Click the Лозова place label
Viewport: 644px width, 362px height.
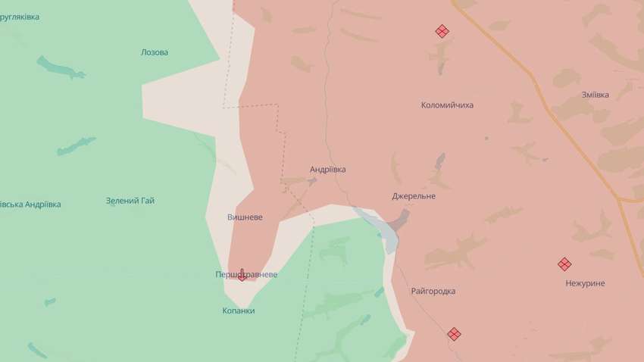(x=155, y=53)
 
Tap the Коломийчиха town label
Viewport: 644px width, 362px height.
(x=447, y=105)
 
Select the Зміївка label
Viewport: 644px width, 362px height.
(x=595, y=95)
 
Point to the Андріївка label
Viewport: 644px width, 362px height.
(x=327, y=170)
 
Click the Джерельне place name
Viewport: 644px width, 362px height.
(x=414, y=196)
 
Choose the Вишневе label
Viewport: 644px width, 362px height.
(x=245, y=217)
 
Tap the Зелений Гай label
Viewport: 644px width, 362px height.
(x=130, y=201)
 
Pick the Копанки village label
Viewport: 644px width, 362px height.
(x=239, y=311)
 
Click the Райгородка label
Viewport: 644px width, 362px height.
(x=433, y=291)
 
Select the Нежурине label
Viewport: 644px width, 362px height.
(x=585, y=283)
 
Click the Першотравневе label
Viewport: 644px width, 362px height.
(x=246, y=275)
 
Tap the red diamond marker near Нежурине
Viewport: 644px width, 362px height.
(x=564, y=264)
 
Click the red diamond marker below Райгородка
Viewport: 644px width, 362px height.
(x=454, y=333)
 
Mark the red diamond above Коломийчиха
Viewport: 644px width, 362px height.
(x=442, y=31)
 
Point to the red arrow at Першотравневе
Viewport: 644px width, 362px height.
(x=242, y=275)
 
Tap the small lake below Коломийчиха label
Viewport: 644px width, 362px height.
(x=439, y=161)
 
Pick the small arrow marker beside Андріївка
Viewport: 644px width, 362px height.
(x=312, y=181)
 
